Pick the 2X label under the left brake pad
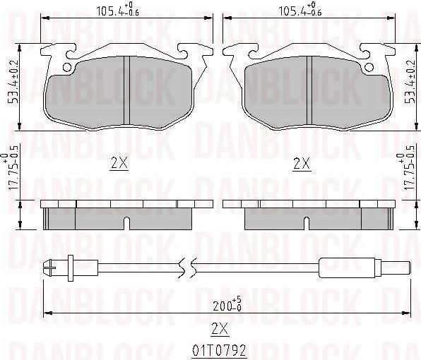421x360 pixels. coord(119,163)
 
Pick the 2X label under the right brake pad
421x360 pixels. coord(302,163)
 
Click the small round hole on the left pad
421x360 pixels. coord(68,68)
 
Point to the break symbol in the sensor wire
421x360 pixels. coord(186,268)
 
